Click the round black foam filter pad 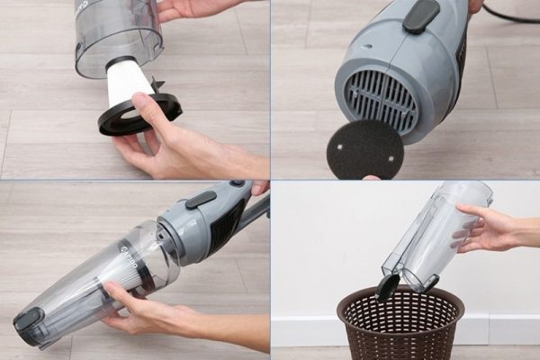(364, 148)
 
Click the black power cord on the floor (508, 14)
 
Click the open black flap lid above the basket (388, 286)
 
